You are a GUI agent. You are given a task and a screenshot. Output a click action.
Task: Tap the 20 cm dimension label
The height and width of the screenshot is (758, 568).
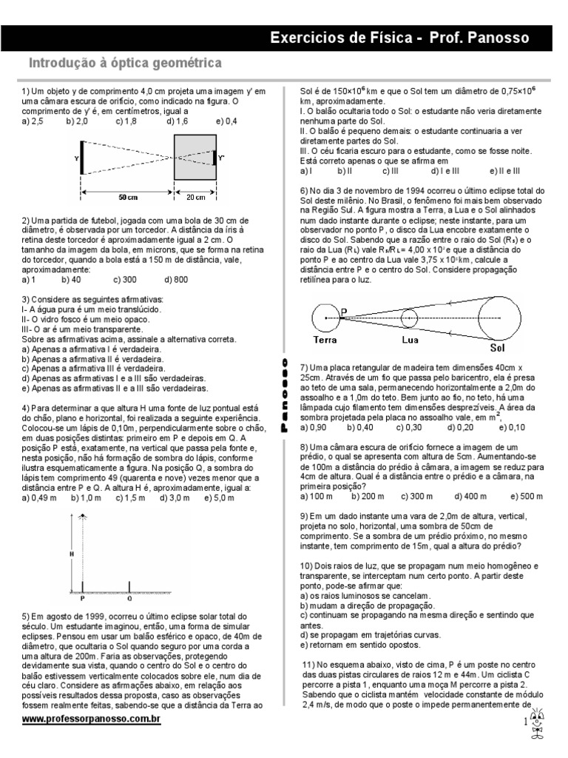click(x=195, y=198)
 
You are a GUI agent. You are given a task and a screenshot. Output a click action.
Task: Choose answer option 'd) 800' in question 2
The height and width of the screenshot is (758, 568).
click(x=177, y=280)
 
